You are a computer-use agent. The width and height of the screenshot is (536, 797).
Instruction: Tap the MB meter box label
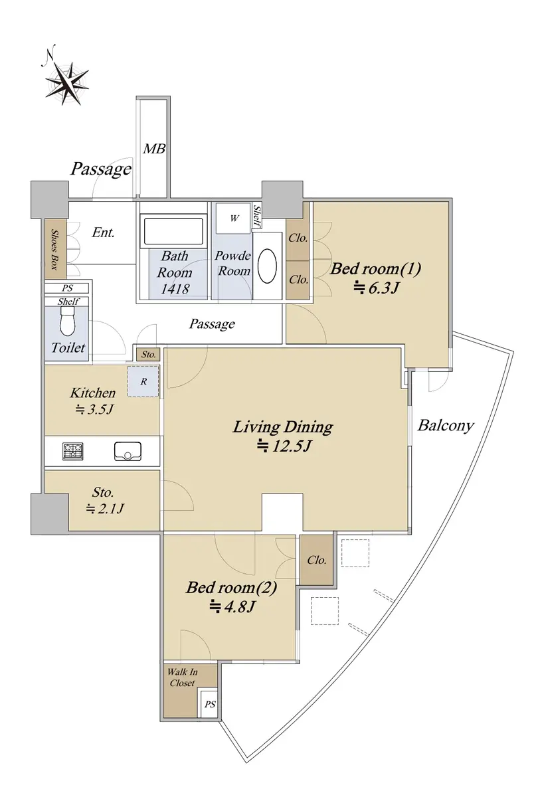tap(154, 149)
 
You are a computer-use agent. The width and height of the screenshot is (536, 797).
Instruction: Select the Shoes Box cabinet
tap(56, 248)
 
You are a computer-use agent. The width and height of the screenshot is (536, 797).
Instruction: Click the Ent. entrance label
tap(103, 232)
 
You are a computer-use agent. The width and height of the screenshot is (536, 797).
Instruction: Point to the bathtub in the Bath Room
tap(173, 231)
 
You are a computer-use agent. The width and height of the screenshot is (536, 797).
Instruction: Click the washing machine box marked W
tap(234, 218)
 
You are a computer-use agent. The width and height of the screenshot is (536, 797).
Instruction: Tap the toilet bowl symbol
tap(68, 321)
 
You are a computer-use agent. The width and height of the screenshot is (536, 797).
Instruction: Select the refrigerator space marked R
tap(143, 381)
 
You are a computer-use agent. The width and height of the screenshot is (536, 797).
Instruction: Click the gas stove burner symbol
tap(73, 452)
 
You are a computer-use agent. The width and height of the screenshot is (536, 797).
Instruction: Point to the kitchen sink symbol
tap(128, 451)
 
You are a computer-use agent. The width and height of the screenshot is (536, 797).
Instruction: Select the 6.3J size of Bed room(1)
tap(375, 288)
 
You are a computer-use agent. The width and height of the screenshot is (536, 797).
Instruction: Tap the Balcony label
tap(446, 426)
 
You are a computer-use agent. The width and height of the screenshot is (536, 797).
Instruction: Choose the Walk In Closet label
tap(182, 677)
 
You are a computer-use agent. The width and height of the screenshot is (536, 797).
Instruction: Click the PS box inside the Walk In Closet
tap(209, 704)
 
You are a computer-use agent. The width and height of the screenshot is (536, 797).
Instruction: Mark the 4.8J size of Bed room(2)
tap(232, 606)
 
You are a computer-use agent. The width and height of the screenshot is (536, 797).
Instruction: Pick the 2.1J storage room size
tap(104, 509)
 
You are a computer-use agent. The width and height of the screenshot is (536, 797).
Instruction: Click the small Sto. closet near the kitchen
tap(148, 355)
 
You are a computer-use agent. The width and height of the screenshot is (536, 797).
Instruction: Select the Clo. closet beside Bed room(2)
tap(316, 561)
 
